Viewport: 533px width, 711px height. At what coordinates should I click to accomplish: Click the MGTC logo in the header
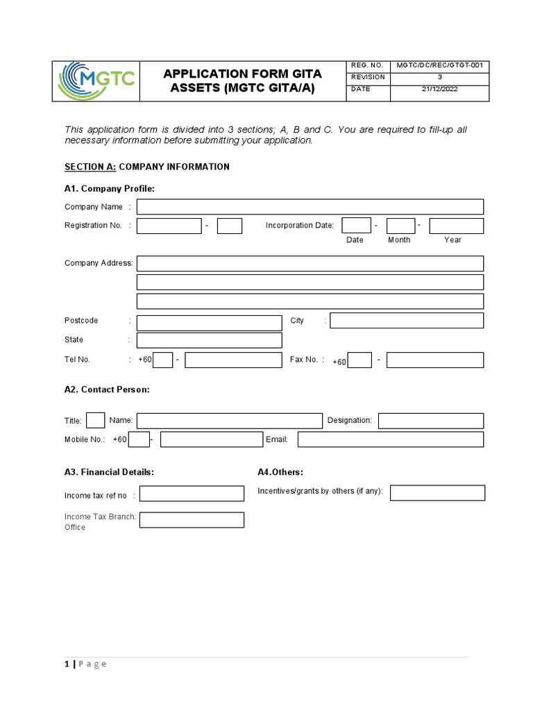(x=96, y=81)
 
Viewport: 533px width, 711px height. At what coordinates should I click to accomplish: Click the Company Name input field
(x=310, y=207)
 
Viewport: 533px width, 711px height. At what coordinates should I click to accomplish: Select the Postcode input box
(x=209, y=322)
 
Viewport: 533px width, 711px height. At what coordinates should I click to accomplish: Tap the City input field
(x=407, y=320)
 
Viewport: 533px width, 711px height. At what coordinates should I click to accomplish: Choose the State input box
(x=209, y=340)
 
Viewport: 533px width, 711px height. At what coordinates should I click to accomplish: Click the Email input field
(x=390, y=440)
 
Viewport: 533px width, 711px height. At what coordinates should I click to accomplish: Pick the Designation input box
(x=430, y=421)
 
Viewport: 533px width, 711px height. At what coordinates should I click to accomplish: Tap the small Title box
(x=96, y=421)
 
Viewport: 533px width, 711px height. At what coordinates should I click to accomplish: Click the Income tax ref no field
(x=192, y=494)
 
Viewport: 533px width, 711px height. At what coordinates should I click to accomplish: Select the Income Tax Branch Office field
(x=192, y=520)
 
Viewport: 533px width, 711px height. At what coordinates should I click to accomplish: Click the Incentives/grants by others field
(x=437, y=493)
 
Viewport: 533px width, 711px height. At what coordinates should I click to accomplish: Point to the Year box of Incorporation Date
(x=456, y=226)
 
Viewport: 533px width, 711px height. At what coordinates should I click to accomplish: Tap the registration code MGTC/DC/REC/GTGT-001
(x=439, y=65)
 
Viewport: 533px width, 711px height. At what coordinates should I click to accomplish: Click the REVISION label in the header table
(x=368, y=77)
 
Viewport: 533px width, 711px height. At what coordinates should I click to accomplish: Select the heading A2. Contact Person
(x=107, y=390)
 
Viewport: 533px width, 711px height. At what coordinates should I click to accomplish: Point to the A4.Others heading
(x=280, y=472)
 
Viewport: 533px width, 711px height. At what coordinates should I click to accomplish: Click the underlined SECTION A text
(x=90, y=167)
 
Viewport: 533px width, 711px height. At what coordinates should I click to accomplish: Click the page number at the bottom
(x=67, y=664)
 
